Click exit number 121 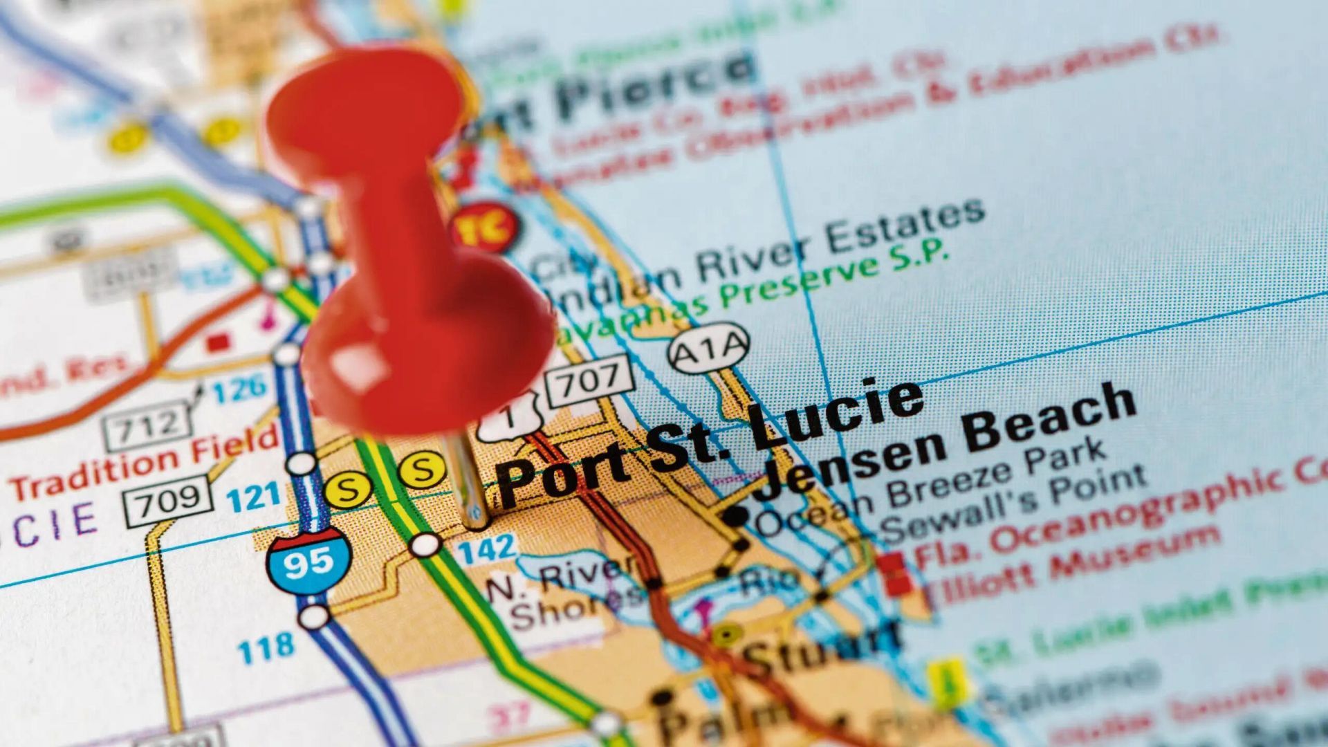(255, 497)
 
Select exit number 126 (239, 390)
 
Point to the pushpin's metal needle (471, 484)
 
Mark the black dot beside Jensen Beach (735, 516)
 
